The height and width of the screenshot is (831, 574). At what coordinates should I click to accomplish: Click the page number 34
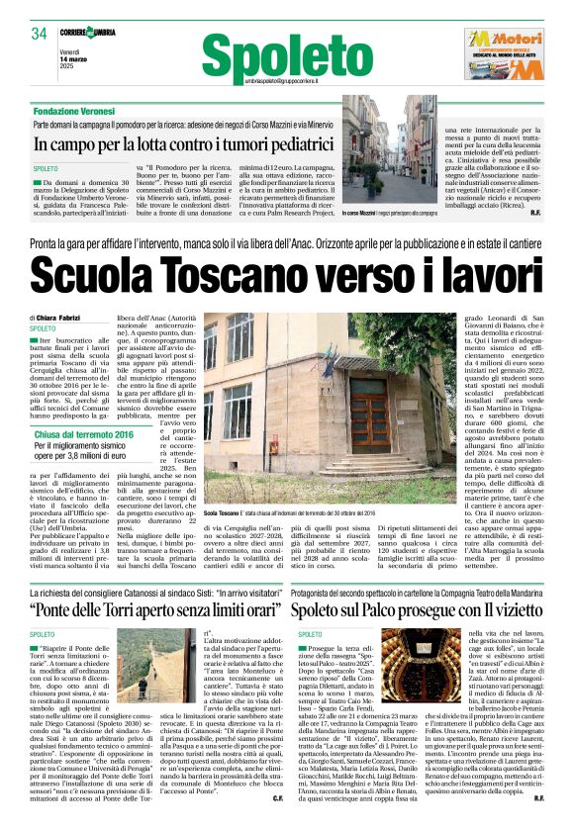(39, 34)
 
